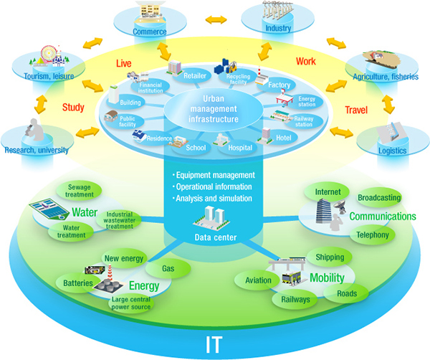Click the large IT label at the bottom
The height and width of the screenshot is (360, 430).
pos(216,337)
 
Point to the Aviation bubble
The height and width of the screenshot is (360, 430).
pos(258,281)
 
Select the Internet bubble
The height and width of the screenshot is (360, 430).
pos(327,191)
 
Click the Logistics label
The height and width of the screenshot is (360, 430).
pos(392,151)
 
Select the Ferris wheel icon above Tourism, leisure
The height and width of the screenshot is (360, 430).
pos(47,56)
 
